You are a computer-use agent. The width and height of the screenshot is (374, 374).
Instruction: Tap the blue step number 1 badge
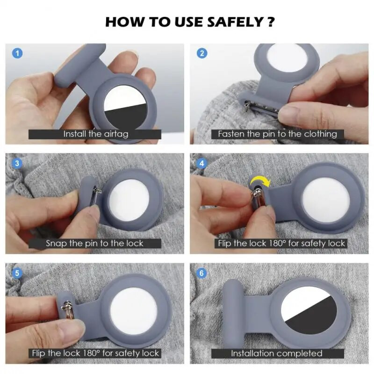point(17,53)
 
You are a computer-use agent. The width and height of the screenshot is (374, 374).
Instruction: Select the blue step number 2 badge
point(202,53)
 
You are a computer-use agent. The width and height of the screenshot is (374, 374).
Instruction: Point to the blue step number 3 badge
point(17,163)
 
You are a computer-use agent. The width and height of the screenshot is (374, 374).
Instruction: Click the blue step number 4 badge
point(202,163)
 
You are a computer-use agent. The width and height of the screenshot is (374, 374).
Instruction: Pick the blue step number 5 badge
point(17,273)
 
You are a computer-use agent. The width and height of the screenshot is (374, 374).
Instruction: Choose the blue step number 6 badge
point(202,273)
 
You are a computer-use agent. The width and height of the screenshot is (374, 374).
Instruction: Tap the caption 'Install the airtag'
point(96,134)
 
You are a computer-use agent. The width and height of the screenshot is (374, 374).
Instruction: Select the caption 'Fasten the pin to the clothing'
point(277,134)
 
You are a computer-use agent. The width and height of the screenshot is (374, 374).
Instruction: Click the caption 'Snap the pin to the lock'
point(94,244)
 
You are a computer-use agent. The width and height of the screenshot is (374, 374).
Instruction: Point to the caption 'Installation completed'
point(277,353)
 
